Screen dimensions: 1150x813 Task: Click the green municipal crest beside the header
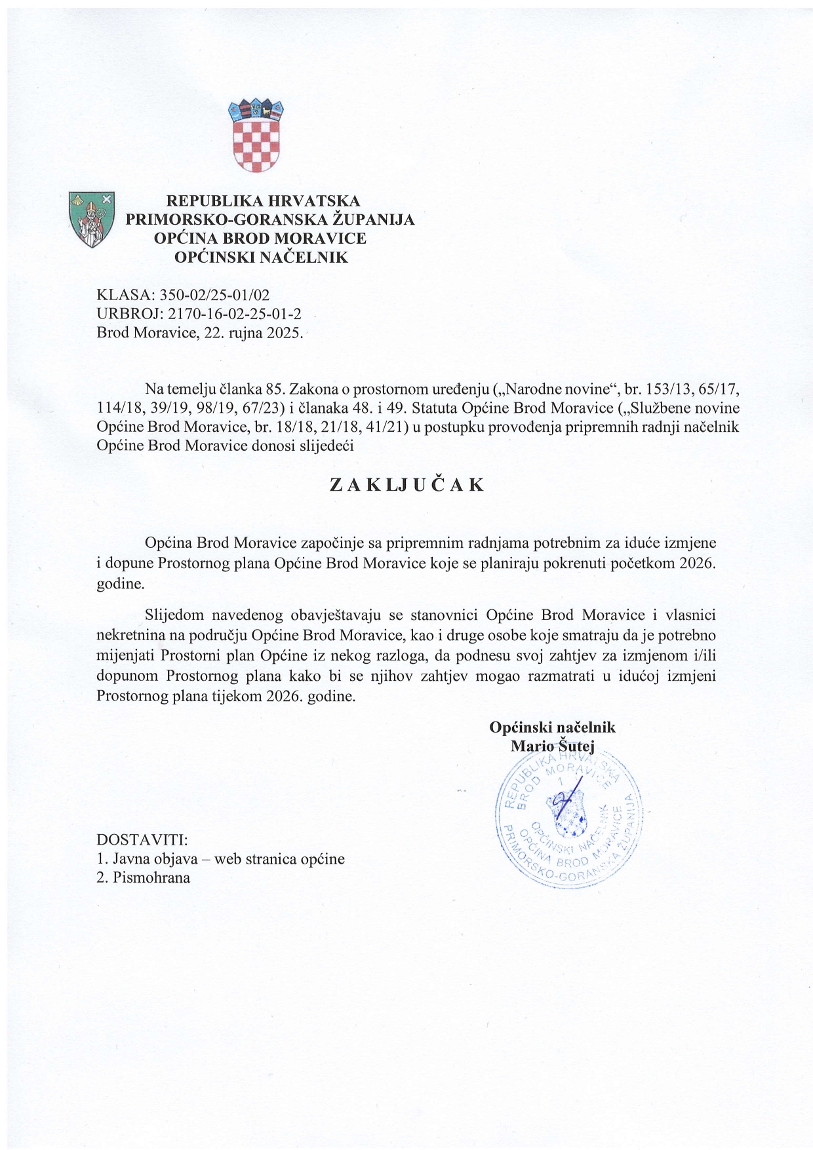point(91,219)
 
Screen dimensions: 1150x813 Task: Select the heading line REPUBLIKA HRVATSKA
point(263,201)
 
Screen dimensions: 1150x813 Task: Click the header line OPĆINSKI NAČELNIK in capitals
point(260,258)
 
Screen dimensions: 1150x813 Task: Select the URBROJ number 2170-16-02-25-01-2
point(235,314)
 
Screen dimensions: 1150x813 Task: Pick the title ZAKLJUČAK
point(406,486)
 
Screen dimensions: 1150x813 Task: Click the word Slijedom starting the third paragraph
point(173,615)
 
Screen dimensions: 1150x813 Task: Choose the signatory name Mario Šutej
point(552,746)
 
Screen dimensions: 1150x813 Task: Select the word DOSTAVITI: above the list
point(142,840)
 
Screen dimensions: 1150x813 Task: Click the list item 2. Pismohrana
point(143,878)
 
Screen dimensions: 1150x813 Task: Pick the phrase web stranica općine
point(279,859)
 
